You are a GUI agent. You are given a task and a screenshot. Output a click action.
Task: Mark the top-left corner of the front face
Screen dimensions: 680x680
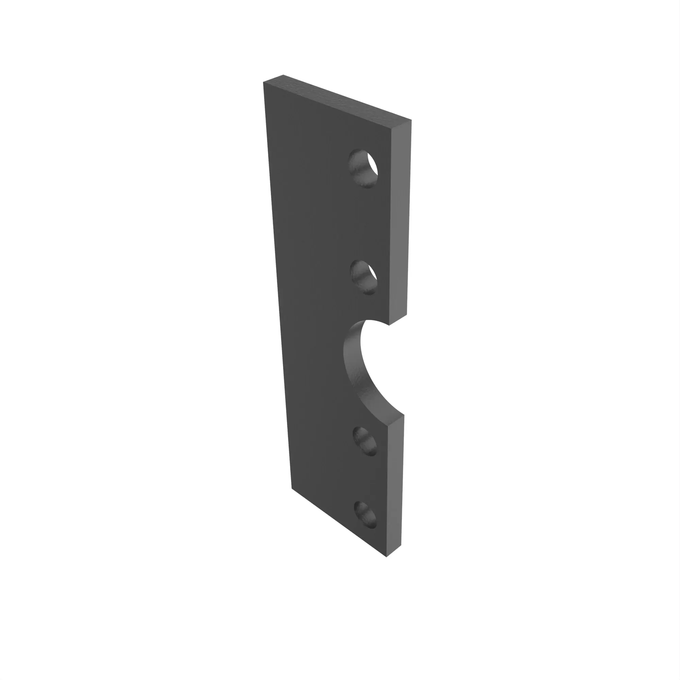pyautogui.click(x=263, y=82)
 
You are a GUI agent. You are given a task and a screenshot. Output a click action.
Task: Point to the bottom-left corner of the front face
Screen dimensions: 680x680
pyautogui.click(x=292, y=488)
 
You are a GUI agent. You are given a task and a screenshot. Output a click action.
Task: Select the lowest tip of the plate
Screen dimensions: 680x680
pyautogui.click(x=387, y=557)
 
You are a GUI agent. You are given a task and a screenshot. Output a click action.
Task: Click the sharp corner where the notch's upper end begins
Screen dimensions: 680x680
pyautogui.click(x=389, y=325)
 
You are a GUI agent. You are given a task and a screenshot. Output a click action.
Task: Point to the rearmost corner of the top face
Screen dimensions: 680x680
pyautogui.click(x=283, y=75)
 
